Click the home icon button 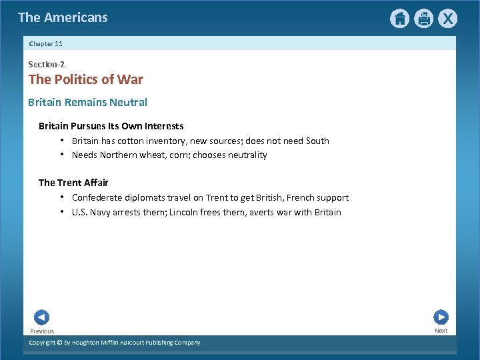(x=399, y=19)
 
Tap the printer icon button (x=423, y=19)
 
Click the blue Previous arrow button (x=41, y=317)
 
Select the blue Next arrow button (x=441, y=317)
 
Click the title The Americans (x=63, y=17)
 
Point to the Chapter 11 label (x=46, y=43)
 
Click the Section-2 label (x=46, y=64)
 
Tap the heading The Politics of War (x=85, y=80)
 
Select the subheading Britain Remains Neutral (x=87, y=102)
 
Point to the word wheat (x=173, y=155)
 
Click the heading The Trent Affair (x=73, y=182)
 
